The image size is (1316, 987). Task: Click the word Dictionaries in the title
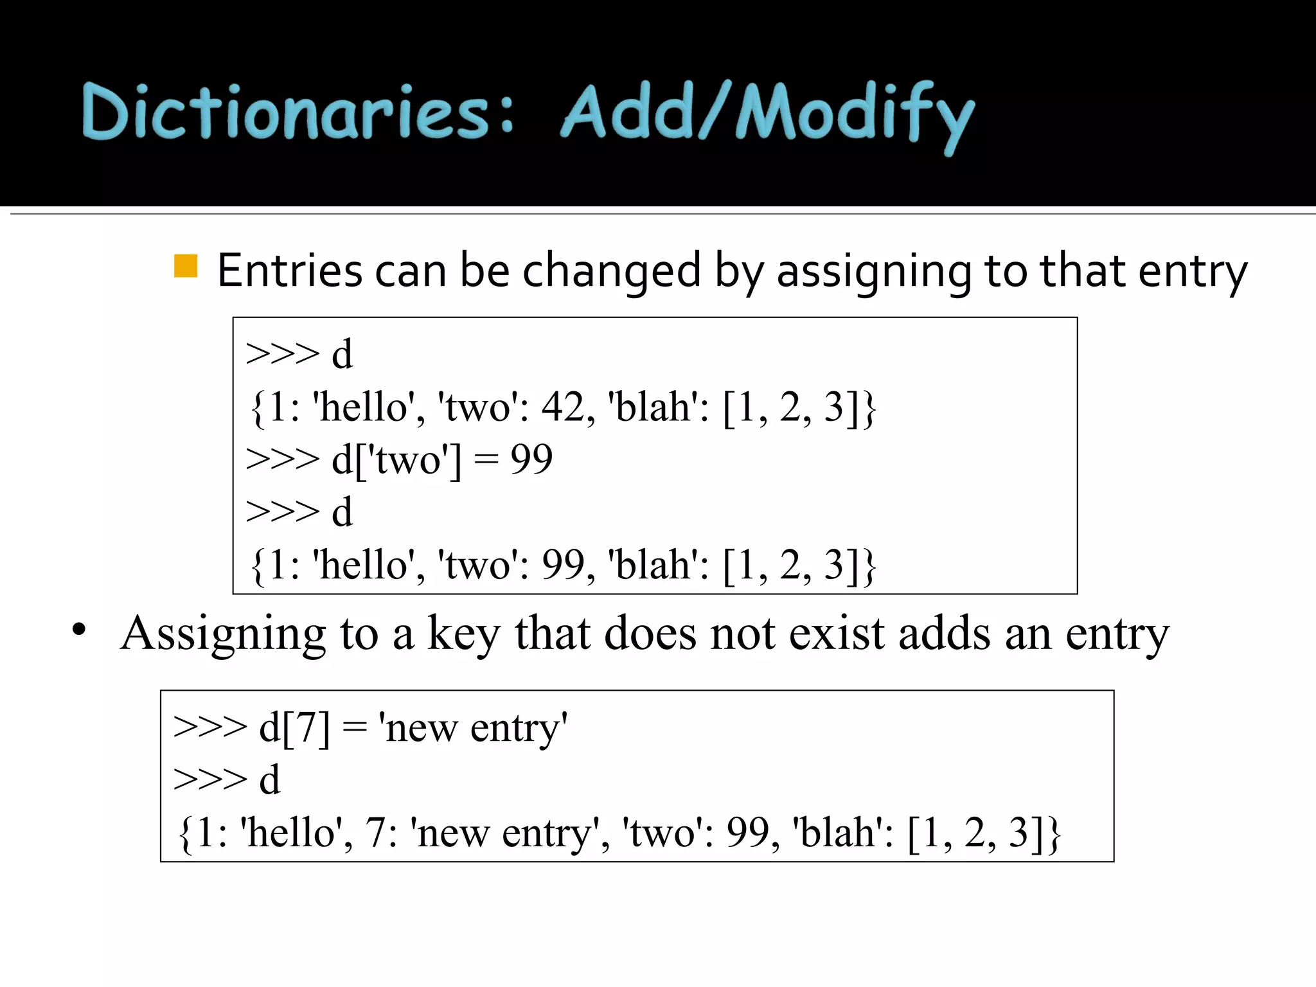[286, 112]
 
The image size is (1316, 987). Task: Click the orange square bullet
[186, 266]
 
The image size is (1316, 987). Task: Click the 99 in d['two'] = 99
[531, 459]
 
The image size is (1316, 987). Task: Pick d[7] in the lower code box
[294, 728]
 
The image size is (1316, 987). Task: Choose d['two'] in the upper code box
[396, 460]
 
